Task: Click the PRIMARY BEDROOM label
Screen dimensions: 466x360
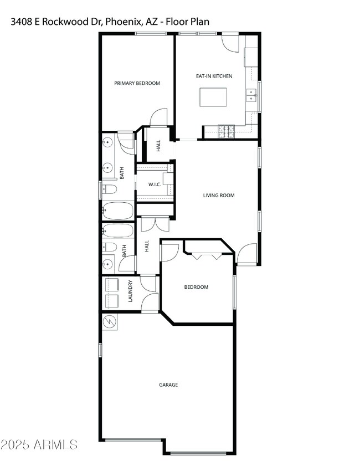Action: click(137, 83)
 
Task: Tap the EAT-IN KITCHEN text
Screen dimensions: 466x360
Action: click(214, 76)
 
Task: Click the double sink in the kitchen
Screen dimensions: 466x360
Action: click(252, 96)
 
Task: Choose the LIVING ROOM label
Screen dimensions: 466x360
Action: click(219, 195)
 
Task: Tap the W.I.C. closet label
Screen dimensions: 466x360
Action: click(155, 184)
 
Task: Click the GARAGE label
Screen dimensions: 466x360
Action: click(168, 385)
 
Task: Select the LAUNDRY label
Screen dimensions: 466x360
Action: click(130, 291)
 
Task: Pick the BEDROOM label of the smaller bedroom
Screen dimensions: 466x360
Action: click(196, 287)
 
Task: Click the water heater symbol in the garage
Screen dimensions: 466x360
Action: click(109, 321)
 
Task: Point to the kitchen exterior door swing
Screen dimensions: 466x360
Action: click(230, 44)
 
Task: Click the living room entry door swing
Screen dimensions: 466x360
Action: click(245, 254)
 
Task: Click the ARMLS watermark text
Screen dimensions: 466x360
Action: click(39, 444)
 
